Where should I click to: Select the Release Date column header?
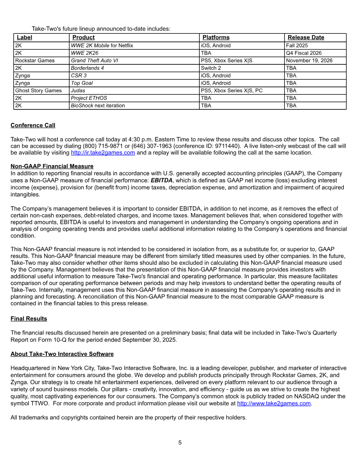pyautogui.click(x=306, y=37)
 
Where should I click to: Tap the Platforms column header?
pyautogui.click(x=216, y=37)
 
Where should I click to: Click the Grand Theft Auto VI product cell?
pyautogui.click(x=94, y=61)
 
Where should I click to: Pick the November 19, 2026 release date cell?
pyautogui.click(x=309, y=61)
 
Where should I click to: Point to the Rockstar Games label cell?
pyautogui.click(x=35, y=61)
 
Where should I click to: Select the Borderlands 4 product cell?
pyautogui.click(x=87, y=68)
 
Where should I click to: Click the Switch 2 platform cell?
pyautogui.click(x=211, y=68)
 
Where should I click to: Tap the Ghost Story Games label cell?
pyautogui.click(x=38, y=90)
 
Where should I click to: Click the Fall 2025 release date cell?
pyautogui.click(x=297, y=45)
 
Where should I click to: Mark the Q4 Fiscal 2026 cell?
pyautogui.click(x=304, y=53)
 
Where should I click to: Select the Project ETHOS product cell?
pyautogui.click(x=89, y=98)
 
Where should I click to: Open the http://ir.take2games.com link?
pyautogui.click(x=103, y=153)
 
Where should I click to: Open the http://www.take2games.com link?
pyautogui.click(x=274, y=403)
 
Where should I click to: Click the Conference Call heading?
pyautogui.click(x=33, y=125)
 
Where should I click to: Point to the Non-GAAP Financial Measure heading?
pyautogui.click(x=52, y=166)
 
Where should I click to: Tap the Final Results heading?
pyautogui.click(x=29, y=318)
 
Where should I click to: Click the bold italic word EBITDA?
pyautogui.click(x=161, y=181)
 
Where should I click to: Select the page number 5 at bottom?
pyautogui.click(x=180, y=443)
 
